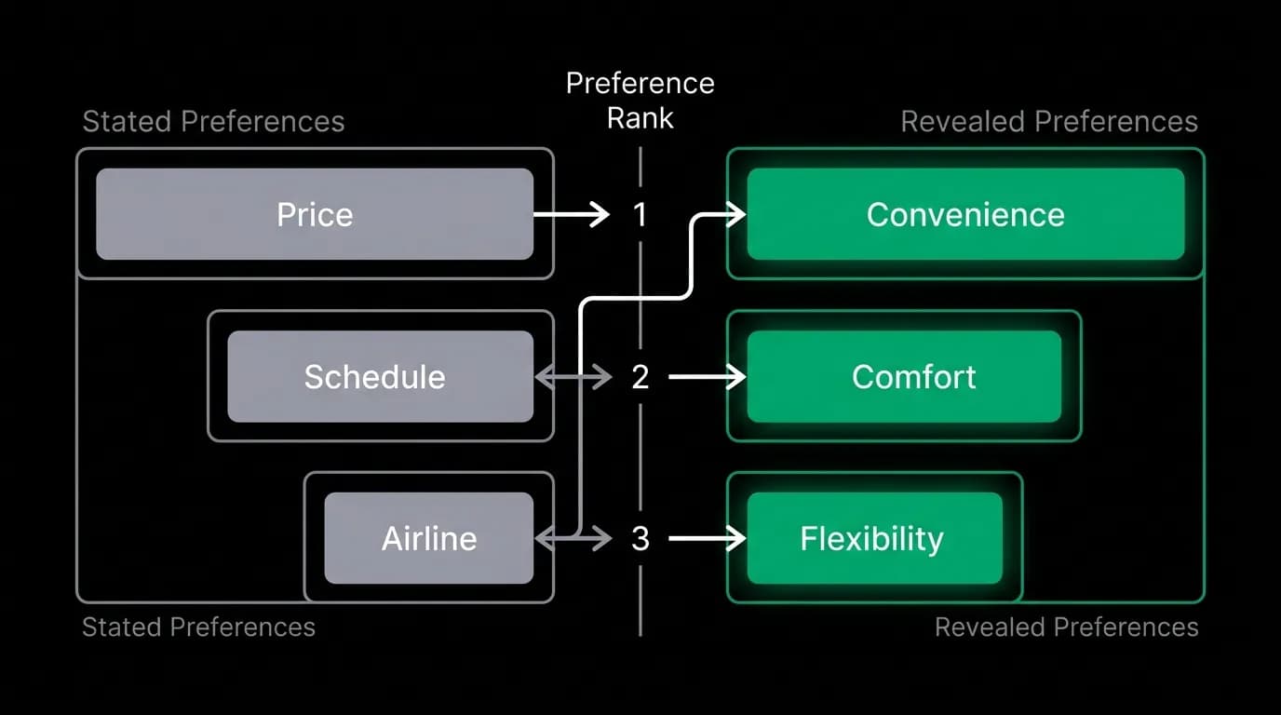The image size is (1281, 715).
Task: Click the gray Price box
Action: [x=315, y=214]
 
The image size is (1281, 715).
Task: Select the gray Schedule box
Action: [x=380, y=376]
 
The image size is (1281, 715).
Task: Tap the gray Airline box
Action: [x=429, y=538]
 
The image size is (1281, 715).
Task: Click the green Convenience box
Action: [x=966, y=214]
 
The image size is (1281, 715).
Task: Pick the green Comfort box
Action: [x=904, y=376]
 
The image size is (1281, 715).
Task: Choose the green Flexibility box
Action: [x=875, y=538]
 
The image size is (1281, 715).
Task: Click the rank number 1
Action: [x=640, y=214]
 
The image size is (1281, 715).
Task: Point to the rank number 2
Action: [x=640, y=377]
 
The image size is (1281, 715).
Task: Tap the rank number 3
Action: [x=640, y=539]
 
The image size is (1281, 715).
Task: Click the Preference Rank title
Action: [x=640, y=101]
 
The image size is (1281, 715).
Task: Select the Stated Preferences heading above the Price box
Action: [x=213, y=121]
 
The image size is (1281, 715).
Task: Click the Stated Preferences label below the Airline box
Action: [x=198, y=627]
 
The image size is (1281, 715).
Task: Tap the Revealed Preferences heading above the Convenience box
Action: [x=1049, y=121]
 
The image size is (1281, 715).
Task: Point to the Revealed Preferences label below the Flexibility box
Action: [x=1067, y=627]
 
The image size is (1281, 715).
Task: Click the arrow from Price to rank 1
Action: [x=572, y=214]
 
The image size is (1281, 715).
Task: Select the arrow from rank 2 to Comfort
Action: [x=708, y=377]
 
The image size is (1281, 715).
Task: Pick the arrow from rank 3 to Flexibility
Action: [x=708, y=538]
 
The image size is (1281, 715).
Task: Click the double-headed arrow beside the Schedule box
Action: [x=573, y=377]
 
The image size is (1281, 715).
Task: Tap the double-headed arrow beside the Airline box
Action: [x=573, y=538]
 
